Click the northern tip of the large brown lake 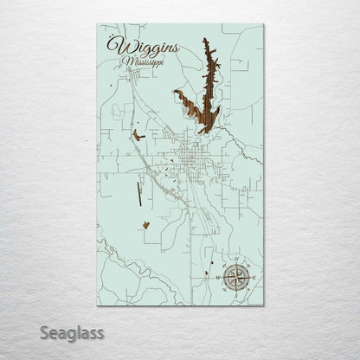pos(204,41)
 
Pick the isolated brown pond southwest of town pos(146,224)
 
